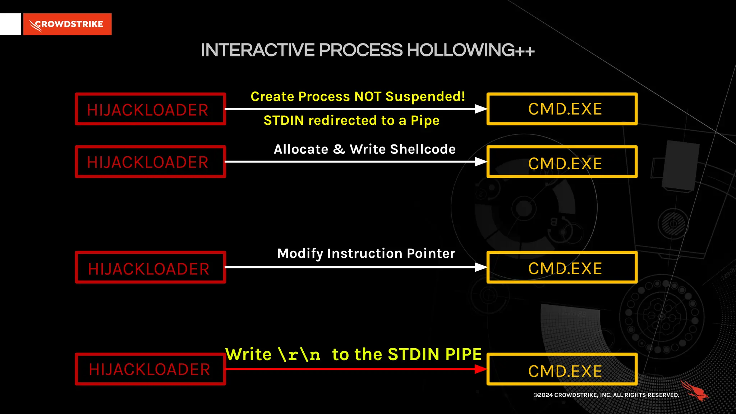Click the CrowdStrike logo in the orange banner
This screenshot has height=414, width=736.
[x=67, y=24]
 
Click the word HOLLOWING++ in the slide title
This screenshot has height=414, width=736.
[x=471, y=50]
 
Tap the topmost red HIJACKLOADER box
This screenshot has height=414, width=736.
[x=150, y=109]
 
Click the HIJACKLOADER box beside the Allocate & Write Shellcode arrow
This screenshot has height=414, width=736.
[x=150, y=162]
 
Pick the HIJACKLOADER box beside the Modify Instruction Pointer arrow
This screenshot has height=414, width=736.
[x=150, y=267]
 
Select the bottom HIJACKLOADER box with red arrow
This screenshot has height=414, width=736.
[x=150, y=369]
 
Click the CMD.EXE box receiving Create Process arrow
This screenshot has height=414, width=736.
[x=562, y=109]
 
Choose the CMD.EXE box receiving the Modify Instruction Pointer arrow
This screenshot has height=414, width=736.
[x=562, y=267]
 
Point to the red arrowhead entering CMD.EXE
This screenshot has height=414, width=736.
[x=480, y=369]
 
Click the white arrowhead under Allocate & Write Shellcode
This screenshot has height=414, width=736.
[x=480, y=162]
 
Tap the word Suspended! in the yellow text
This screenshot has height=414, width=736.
[x=425, y=96]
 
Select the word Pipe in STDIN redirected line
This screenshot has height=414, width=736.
[x=425, y=121]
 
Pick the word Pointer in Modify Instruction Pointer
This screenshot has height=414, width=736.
[x=431, y=253]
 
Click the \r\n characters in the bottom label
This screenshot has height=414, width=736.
[x=299, y=355]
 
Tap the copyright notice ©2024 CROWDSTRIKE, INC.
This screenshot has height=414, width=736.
[x=606, y=395]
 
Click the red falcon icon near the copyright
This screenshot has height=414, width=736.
[x=694, y=391]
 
